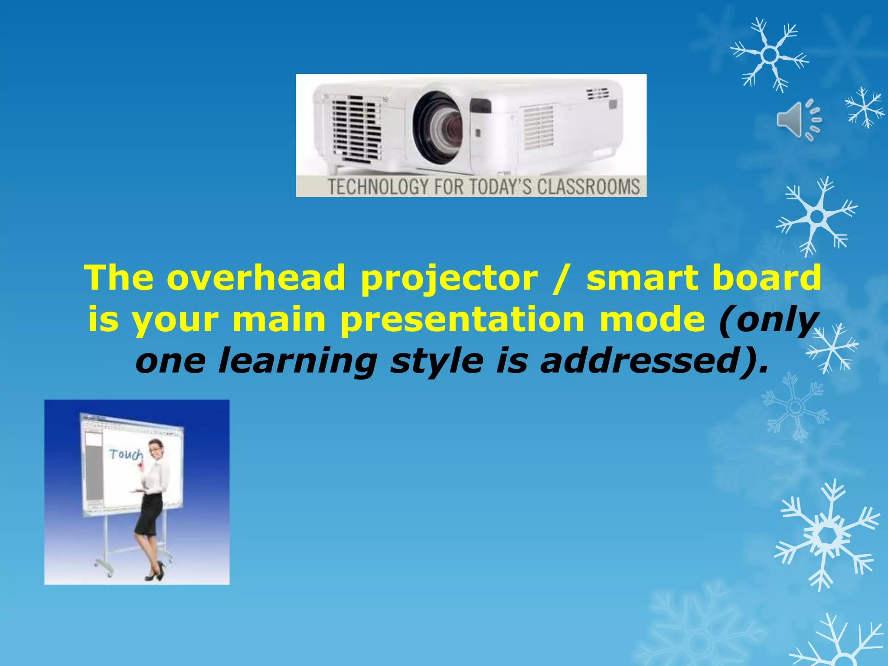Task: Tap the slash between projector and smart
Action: [562, 278]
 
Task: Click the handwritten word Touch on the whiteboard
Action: [125, 454]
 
